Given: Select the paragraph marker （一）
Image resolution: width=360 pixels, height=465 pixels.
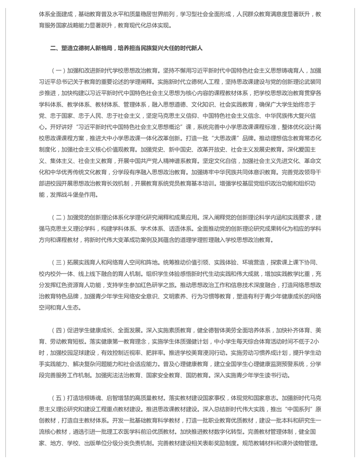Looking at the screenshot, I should pyautogui.click(x=59, y=70).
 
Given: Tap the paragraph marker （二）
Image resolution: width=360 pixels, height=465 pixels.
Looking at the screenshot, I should pyautogui.click(x=59, y=217).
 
